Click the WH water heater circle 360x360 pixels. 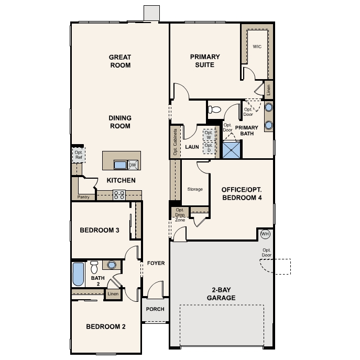(265, 234)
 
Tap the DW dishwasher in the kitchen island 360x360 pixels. (133, 165)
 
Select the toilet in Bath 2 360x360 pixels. (94, 267)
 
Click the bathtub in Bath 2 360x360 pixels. (78, 274)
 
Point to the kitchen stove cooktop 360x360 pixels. (119, 195)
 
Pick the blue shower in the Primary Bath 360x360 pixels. (232, 150)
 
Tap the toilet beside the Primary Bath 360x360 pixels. (214, 110)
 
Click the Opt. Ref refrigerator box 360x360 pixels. (79, 155)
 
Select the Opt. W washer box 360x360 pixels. (209, 135)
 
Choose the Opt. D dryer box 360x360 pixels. (209, 148)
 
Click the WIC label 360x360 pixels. (257, 47)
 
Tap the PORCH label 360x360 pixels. (155, 309)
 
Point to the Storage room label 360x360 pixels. (195, 189)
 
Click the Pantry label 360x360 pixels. (83, 197)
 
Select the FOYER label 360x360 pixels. (156, 263)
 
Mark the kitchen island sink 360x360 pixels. (121, 165)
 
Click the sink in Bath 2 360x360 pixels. (112, 265)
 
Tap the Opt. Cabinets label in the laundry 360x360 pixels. (176, 142)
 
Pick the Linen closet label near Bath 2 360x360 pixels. (113, 293)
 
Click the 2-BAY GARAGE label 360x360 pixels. (221, 293)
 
